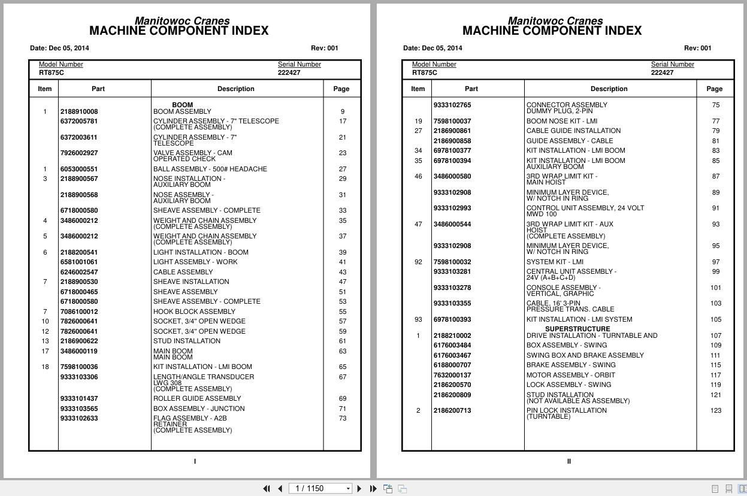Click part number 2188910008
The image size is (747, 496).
click(x=79, y=111)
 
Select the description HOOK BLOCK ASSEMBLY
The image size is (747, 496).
click(x=193, y=311)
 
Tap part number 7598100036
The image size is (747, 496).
click(x=79, y=367)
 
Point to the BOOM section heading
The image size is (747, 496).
click(x=182, y=105)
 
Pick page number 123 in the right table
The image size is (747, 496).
click(x=715, y=411)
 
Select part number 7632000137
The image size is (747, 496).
click(x=452, y=375)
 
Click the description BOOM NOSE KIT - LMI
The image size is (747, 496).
click(x=561, y=121)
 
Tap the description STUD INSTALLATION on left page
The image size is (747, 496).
click(x=186, y=341)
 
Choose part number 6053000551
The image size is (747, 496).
click(x=79, y=169)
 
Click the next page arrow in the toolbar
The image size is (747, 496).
click(x=359, y=489)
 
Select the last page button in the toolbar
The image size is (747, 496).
click(x=373, y=489)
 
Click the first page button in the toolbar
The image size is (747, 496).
click(x=267, y=489)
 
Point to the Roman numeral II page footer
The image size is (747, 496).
click(x=568, y=461)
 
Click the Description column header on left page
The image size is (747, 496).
click(x=235, y=89)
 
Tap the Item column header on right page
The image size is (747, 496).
click(x=418, y=89)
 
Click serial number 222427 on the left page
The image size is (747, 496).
click(x=289, y=72)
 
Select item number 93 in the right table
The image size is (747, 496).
click(x=418, y=319)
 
